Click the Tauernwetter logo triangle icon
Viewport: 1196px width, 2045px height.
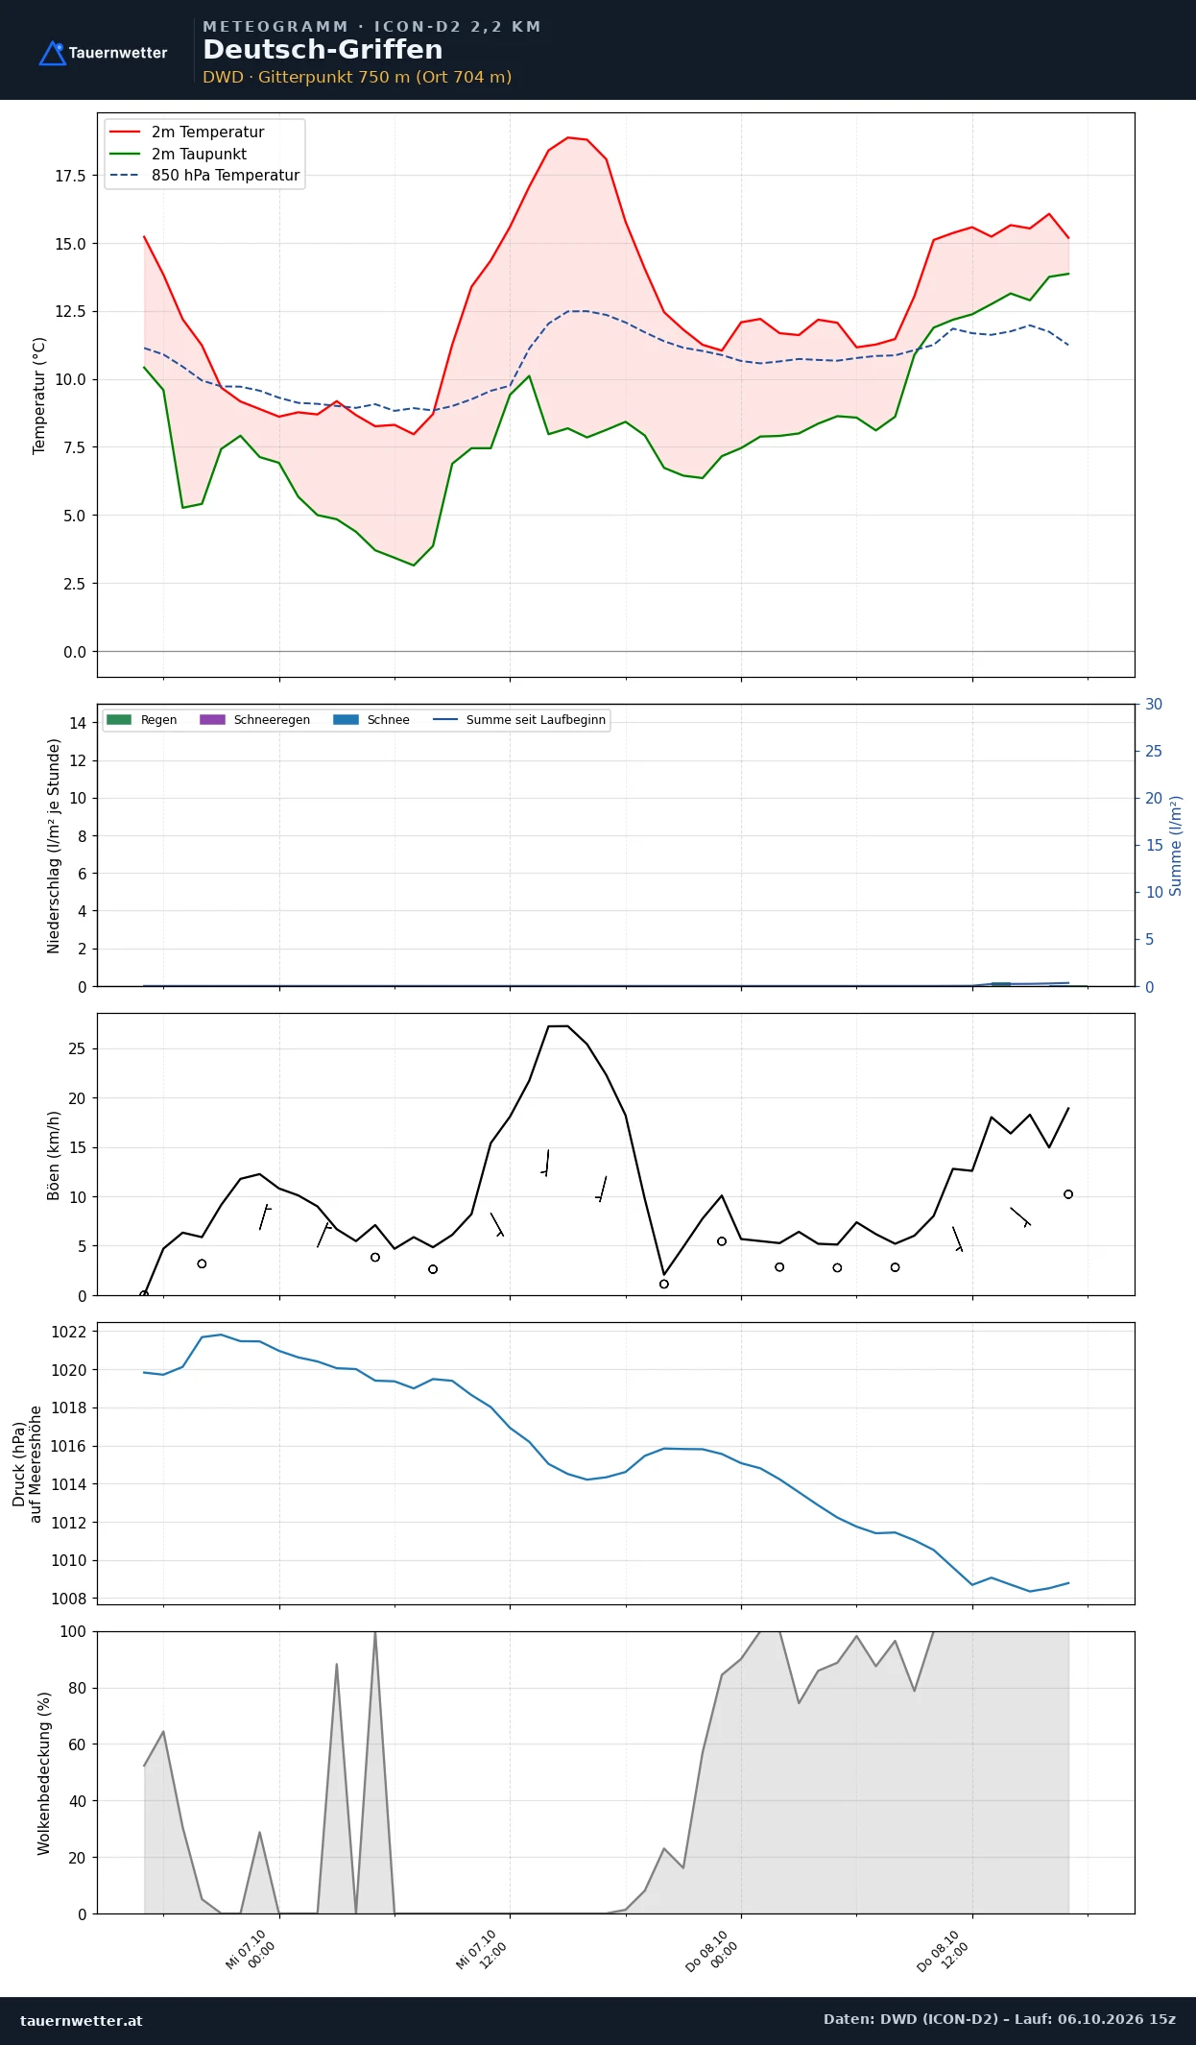point(52,54)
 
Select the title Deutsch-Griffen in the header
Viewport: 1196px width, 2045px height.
point(323,50)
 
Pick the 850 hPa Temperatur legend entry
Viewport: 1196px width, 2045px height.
point(205,176)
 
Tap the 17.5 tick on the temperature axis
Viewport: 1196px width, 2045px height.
point(70,176)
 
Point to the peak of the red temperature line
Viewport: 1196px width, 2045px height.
point(568,137)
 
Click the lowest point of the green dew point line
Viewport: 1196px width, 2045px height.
point(414,565)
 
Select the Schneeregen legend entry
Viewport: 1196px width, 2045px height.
point(255,720)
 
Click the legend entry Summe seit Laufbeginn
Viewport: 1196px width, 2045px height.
point(519,720)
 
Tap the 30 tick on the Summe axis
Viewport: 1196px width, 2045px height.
point(1154,705)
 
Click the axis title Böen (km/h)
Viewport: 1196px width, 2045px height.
point(54,1156)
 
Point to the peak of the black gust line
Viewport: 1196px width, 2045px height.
point(558,1026)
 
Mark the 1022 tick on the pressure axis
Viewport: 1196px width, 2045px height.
point(68,1332)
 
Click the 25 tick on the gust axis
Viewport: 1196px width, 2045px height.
point(77,1048)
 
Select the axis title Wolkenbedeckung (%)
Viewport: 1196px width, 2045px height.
point(44,1773)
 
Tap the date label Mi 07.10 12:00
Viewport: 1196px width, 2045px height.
point(482,1950)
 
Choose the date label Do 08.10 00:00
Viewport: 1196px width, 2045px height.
point(712,1951)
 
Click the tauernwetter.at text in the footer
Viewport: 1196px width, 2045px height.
point(82,2021)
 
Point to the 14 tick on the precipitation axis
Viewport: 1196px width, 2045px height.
point(78,723)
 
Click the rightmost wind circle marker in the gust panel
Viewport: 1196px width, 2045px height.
point(1068,1194)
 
